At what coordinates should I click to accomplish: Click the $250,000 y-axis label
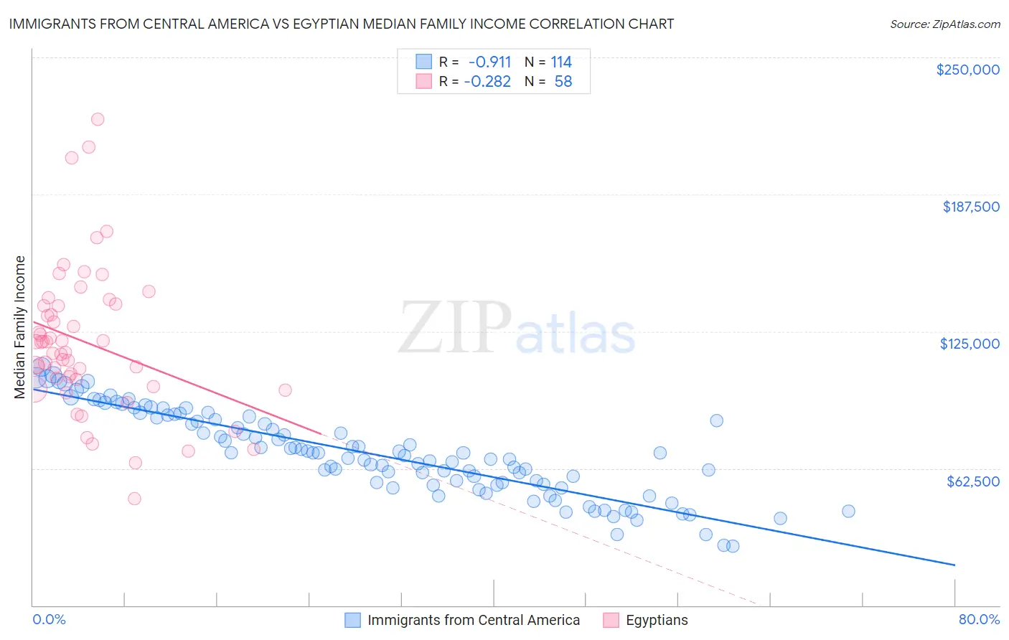pyautogui.click(x=967, y=70)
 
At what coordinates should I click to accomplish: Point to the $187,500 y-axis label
pyautogui.click(x=970, y=207)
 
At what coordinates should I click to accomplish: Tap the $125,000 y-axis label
pyautogui.click(x=970, y=344)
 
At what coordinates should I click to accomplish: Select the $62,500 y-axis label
pyautogui.click(x=973, y=481)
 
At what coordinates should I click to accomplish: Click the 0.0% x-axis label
pyautogui.click(x=49, y=619)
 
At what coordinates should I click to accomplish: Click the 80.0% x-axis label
pyautogui.click(x=979, y=619)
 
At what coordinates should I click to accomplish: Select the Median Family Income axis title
pyautogui.click(x=19, y=327)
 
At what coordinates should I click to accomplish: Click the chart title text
pyautogui.click(x=341, y=24)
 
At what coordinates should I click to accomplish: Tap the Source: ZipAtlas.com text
pyautogui.click(x=944, y=24)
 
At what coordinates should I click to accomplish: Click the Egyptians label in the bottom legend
pyautogui.click(x=656, y=620)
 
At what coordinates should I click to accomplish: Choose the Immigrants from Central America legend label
pyautogui.click(x=473, y=620)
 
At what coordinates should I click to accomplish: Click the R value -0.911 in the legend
pyautogui.click(x=487, y=62)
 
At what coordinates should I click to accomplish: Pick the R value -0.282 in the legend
pyautogui.click(x=487, y=82)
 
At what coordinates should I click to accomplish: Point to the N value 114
pyautogui.click(x=560, y=62)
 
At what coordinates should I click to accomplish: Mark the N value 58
pyautogui.click(x=563, y=82)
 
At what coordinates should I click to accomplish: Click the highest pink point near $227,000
pyautogui.click(x=98, y=119)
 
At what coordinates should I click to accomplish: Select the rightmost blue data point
pyautogui.click(x=848, y=511)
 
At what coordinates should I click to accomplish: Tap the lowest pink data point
pyautogui.click(x=134, y=499)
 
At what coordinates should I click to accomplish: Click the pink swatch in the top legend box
pyautogui.click(x=423, y=82)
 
